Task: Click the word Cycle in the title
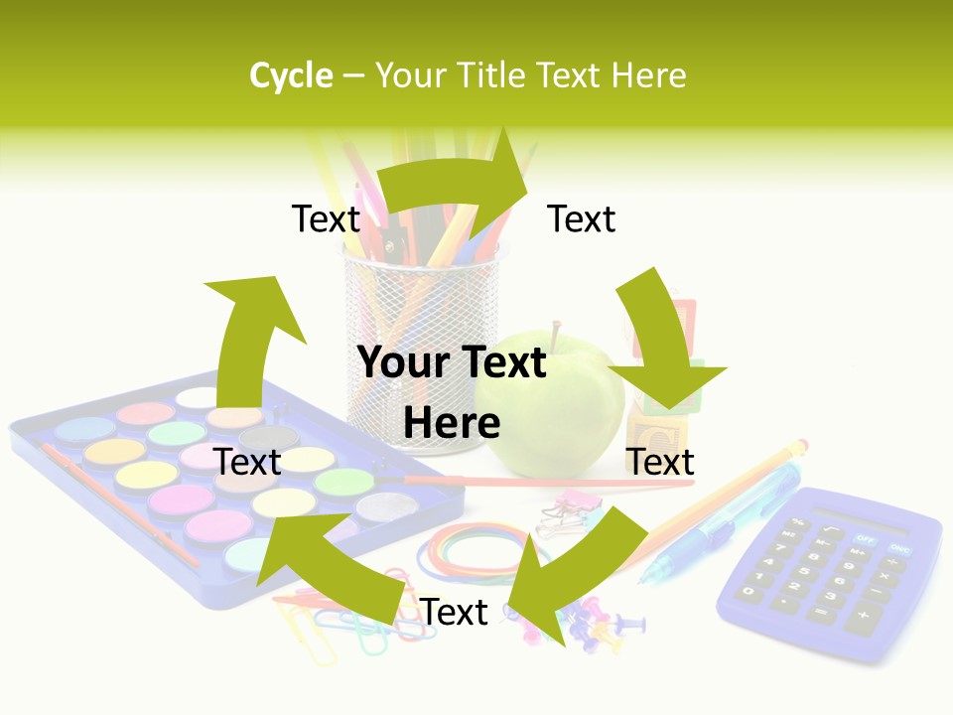click(291, 75)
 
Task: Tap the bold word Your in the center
click(400, 363)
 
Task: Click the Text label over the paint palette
click(247, 462)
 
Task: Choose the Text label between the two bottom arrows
click(454, 613)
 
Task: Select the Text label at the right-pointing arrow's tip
click(582, 218)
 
